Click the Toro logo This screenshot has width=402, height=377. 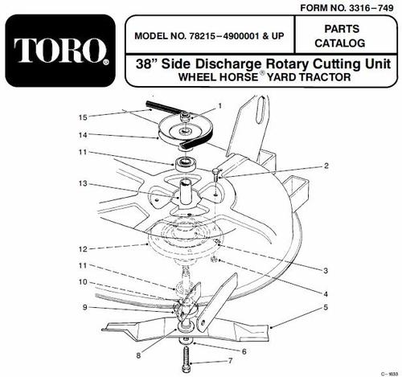tap(60, 51)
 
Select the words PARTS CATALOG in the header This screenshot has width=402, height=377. tap(341, 36)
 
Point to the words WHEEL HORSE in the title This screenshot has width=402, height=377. tap(218, 77)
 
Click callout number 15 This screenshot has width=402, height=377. tap(84, 117)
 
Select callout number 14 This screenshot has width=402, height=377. tap(83, 135)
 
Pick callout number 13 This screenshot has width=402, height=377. tap(83, 183)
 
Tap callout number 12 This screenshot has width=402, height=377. tap(83, 249)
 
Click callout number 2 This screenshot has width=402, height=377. tap(326, 166)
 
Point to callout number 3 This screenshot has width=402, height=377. tap(326, 271)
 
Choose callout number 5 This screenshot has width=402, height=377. tap(326, 307)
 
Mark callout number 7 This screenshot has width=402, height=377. tap(231, 361)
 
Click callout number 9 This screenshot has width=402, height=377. tap(85, 307)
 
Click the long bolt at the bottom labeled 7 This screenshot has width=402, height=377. tap(186, 359)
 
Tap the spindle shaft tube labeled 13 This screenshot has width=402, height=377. tap(184, 192)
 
